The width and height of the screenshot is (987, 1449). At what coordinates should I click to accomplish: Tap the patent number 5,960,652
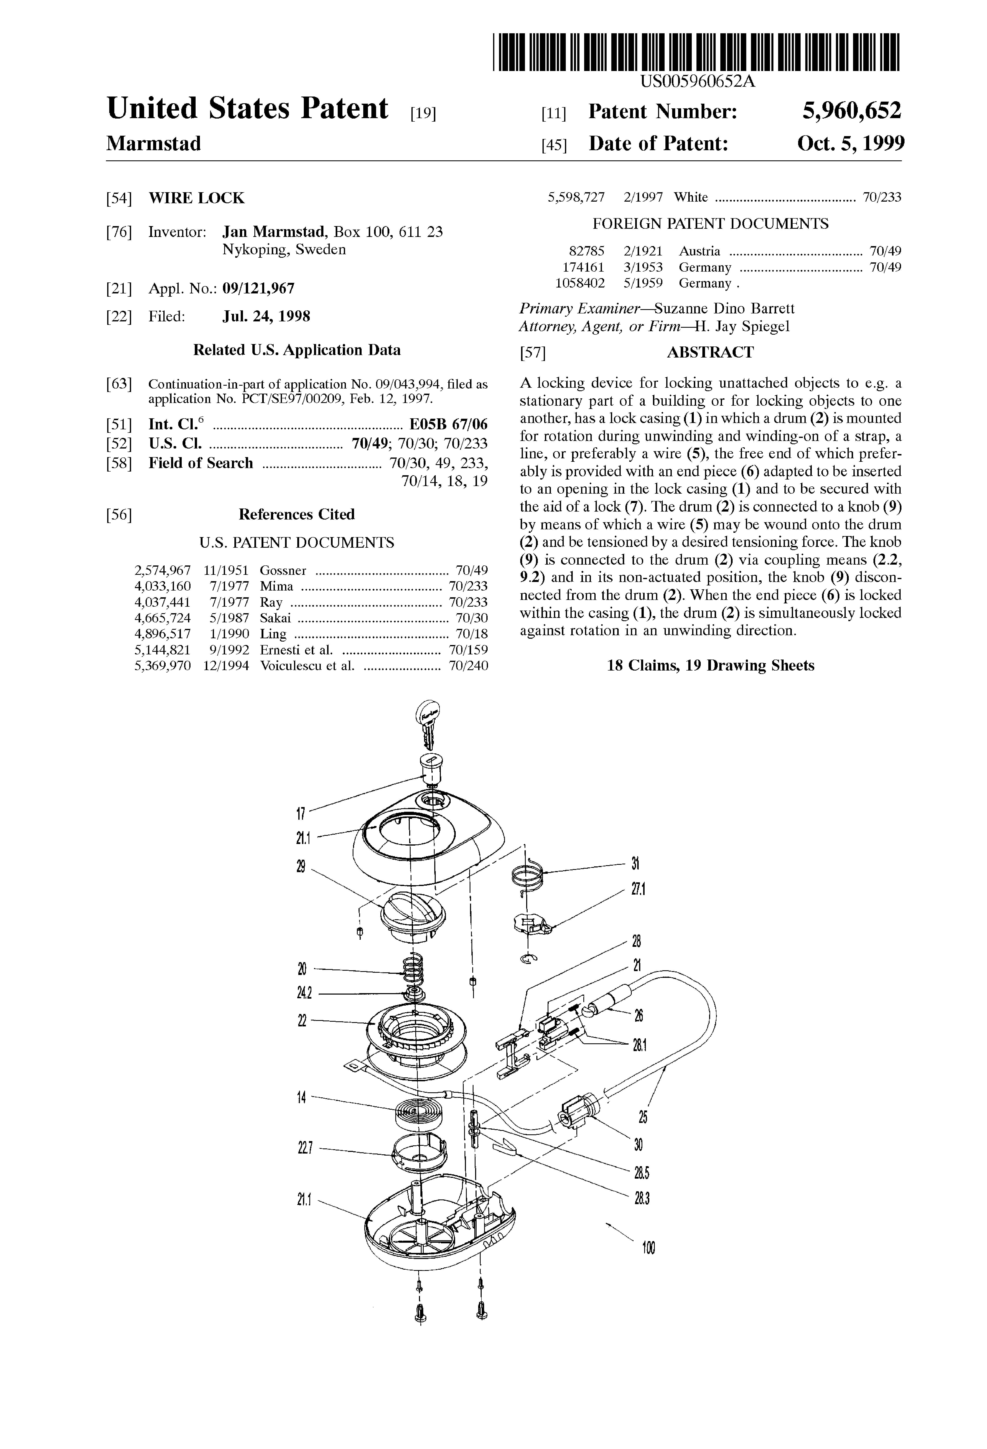[852, 111]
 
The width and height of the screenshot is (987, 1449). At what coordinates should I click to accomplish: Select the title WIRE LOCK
[197, 198]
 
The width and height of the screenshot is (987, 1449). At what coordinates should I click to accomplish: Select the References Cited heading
[296, 514]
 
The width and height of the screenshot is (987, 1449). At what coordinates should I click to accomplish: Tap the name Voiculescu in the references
[290, 665]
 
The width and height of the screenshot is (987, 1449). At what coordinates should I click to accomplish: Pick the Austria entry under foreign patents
[699, 251]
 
